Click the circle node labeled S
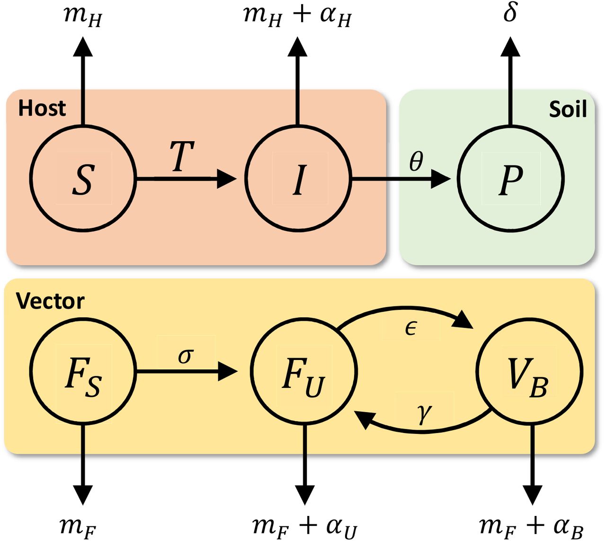coord(83,179)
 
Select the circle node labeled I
coord(298,179)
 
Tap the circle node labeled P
coord(510,179)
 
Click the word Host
coord(42,108)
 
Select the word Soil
coord(568,109)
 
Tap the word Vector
coord(50,301)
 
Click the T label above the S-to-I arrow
coord(182,156)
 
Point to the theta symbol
coord(416,162)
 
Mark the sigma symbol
coord(186,355)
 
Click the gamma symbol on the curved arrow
coord(425,413)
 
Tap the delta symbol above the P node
coord(510,12)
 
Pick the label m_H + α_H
coord(297,16)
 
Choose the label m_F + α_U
coord(304,526)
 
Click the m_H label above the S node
coord(83,17)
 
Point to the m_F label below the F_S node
coord(78,526)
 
